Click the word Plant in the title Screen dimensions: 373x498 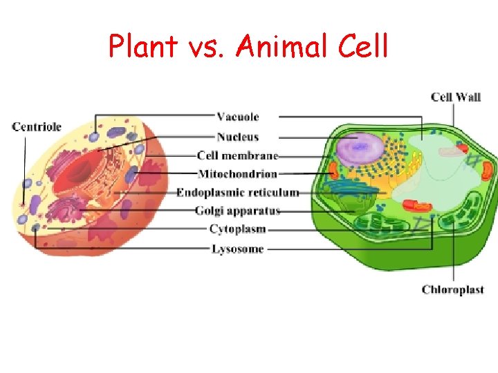click(142, 47)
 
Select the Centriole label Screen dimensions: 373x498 click(37, 126)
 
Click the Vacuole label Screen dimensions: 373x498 click(237, 117)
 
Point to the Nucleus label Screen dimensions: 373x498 click(237, 136)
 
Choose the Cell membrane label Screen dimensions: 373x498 click(237, 155)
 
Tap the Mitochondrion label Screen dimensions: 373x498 click(237, 174)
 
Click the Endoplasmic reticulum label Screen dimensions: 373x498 click(237, 192)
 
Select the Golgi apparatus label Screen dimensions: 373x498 click(237, 210)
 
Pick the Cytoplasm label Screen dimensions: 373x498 click(237, 229)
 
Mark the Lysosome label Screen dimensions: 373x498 click(237, 249)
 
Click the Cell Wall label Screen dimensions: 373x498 click(455, 97)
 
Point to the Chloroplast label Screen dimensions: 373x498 click(452, 289)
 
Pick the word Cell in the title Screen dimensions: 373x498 click(363, 47)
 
